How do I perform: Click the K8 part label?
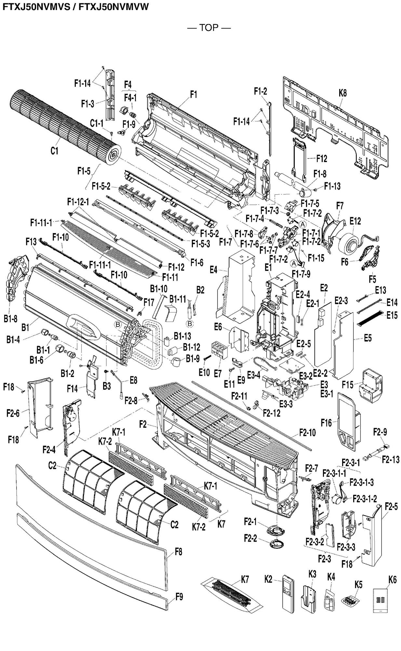coord(342,93)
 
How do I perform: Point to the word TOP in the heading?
coord(209,28)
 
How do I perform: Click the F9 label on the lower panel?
coord(179,597)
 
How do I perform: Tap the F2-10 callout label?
coord(307,433)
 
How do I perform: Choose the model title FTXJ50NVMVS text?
coord(36,7)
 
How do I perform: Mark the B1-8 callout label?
coord(10,319)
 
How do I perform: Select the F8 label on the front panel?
coord(178,551)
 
